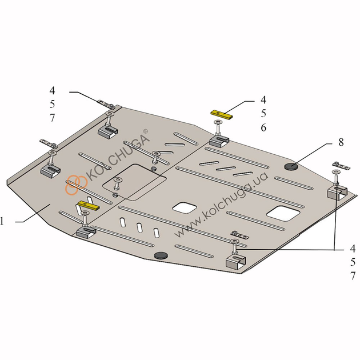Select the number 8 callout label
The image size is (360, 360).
341,142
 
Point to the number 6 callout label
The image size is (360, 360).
263,128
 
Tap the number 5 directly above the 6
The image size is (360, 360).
263,114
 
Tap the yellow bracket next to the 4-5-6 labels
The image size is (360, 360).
222,114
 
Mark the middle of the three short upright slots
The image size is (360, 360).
139,227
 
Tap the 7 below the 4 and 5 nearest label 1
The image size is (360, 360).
52,118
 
